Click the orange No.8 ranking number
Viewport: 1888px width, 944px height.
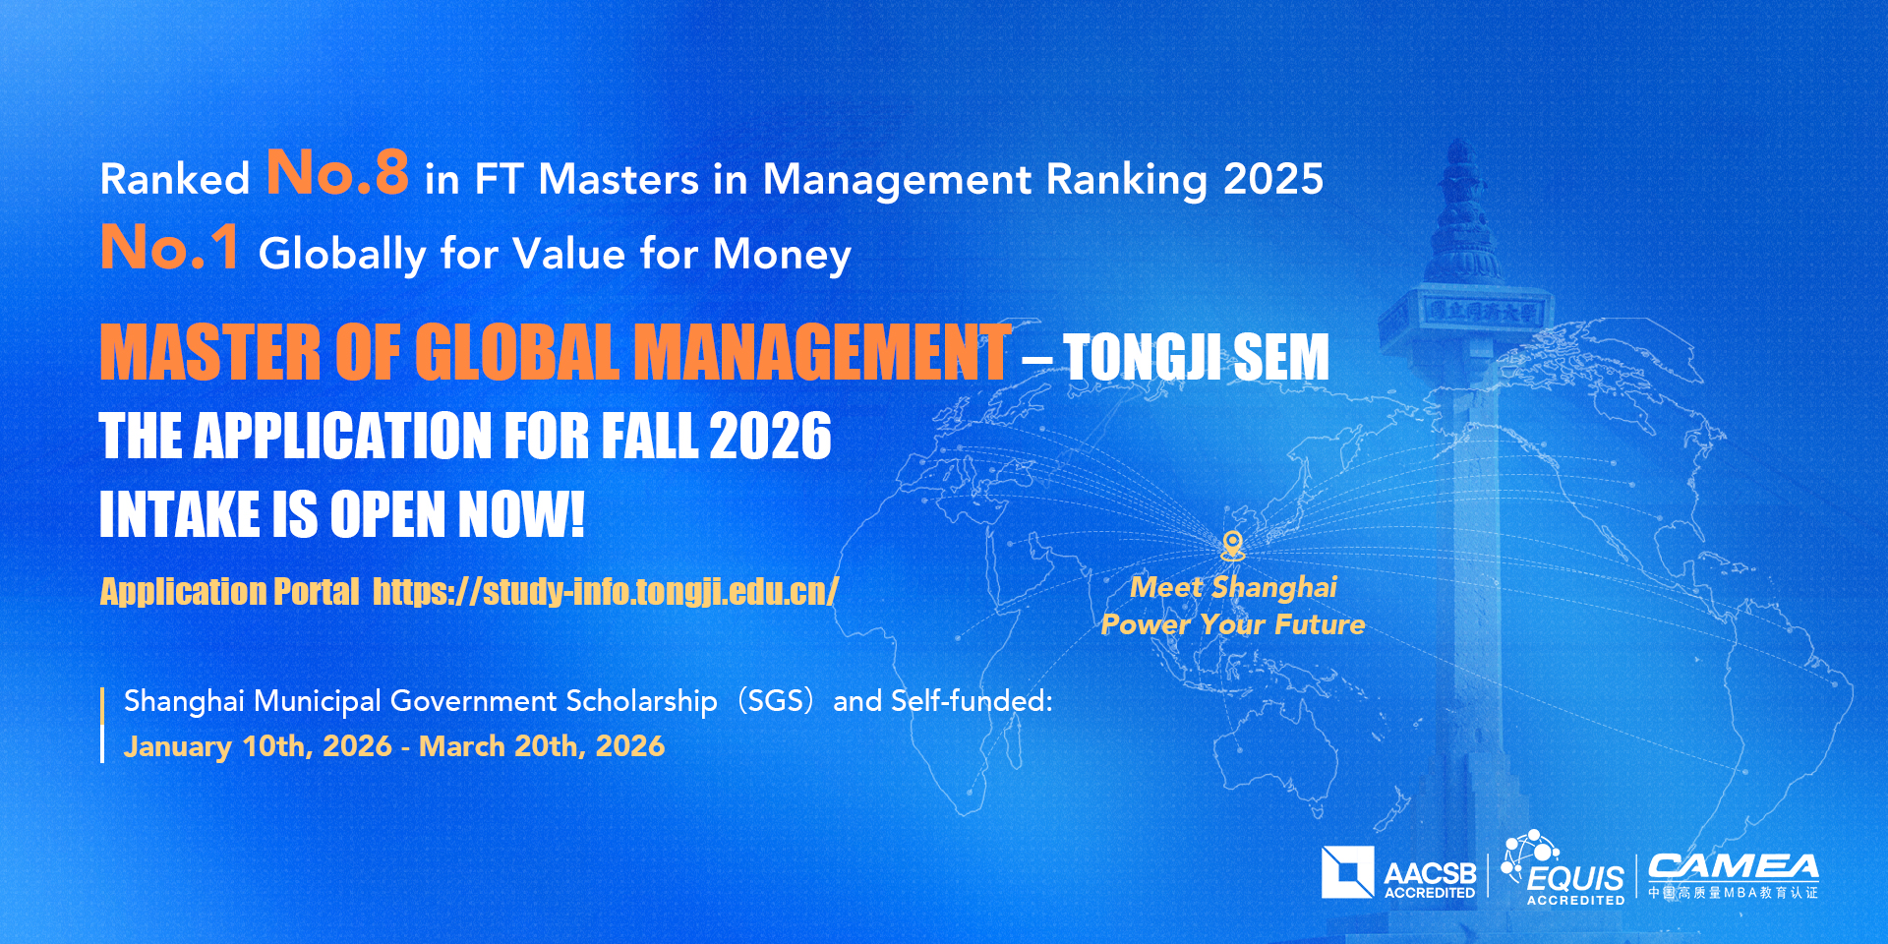pos(337,173)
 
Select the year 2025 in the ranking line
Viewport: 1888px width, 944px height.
pos(1273,179)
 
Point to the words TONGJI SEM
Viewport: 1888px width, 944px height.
pos(1196,357)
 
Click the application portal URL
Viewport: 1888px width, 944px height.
pos(605,592)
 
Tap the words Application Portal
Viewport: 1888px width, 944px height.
pos(229,592)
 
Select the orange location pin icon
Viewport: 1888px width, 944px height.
pos(1232,545)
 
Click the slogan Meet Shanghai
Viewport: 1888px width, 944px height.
pos(1233,587)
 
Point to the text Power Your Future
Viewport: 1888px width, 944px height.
pos(1233,624)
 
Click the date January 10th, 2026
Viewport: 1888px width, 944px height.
pos(258,746)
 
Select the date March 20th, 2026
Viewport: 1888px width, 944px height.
pos(542,746)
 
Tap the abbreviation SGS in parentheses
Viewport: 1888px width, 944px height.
pos(776,701)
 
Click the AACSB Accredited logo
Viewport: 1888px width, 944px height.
pos(1398,873)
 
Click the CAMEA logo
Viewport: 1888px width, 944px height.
pos(1733,875)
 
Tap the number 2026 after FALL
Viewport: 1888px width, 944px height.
pos(770,437)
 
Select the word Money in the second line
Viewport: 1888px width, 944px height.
pos(782,254)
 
